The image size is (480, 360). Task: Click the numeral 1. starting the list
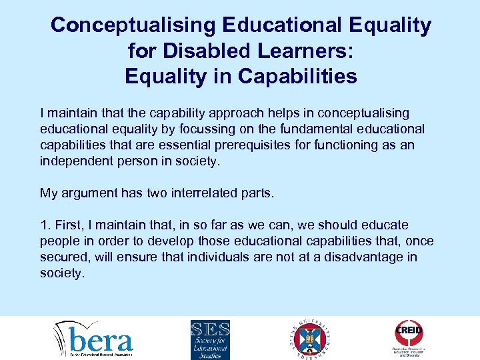[x=45, y=225]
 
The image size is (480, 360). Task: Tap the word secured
[x=63, y=257]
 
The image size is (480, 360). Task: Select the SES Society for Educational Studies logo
[x=210, y=339]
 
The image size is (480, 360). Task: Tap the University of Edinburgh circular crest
[x=311, y=339]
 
